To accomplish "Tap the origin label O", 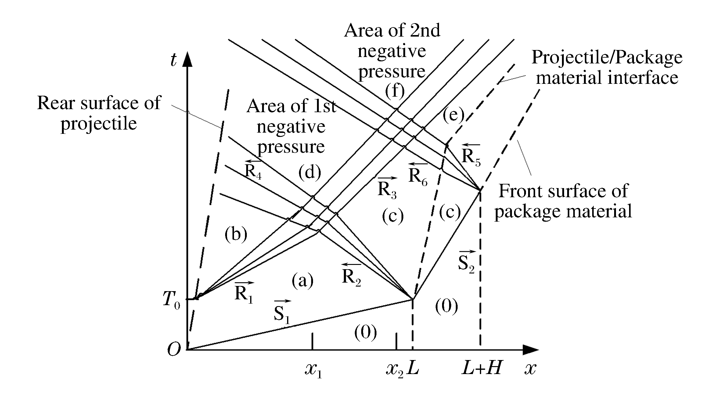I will (174, 350).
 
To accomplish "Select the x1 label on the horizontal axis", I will (313, 370).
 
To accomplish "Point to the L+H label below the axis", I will (482, 368).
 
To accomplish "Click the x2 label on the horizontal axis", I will (395, 370).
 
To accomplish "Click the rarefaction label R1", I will (244, 293).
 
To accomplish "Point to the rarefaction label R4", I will (253, 170).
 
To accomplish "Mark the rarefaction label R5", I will (471, 156).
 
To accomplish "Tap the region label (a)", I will (302, 280).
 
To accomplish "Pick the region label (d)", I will (310, 173).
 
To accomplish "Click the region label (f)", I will (394, 91).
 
